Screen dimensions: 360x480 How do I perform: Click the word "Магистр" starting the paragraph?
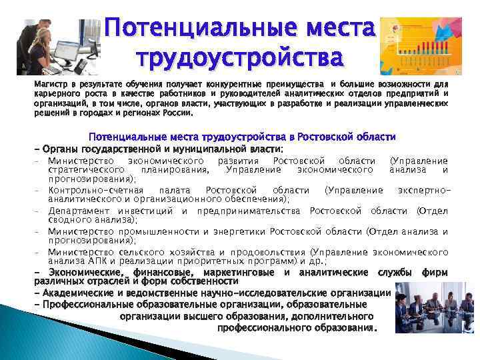[51, 85]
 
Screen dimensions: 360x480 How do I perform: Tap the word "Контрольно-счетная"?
[86, 190]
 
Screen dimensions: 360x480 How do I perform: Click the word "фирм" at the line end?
[435, 273]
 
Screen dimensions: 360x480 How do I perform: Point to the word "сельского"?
[134, 252]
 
